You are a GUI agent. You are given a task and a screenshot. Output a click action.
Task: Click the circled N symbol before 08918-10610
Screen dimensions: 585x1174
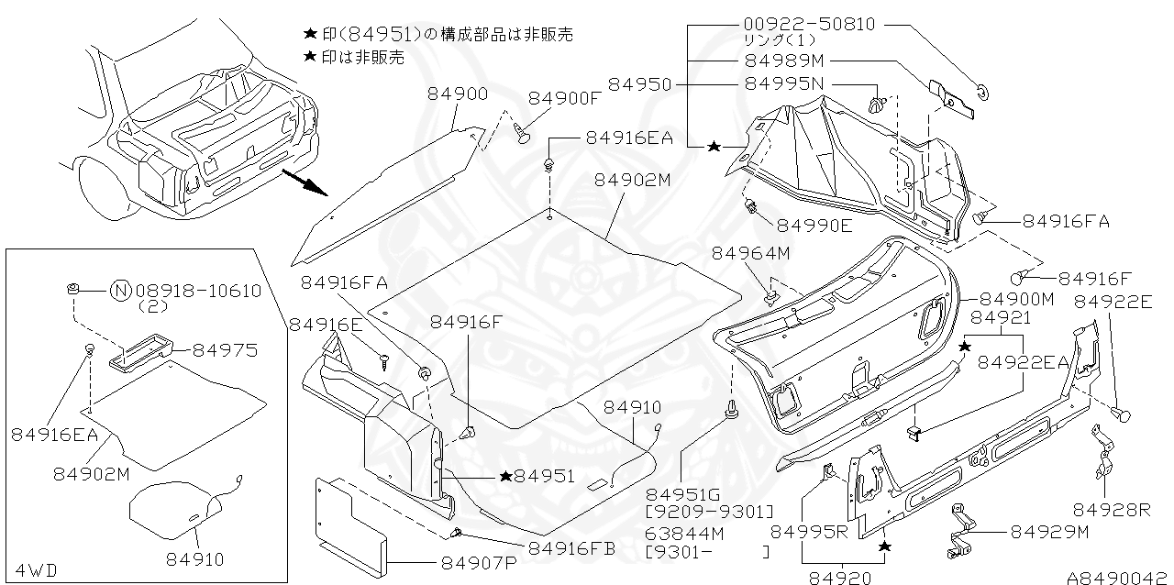pyautogui.click(x=120, y=292)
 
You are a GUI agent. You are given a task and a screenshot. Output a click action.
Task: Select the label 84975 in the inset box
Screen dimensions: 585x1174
pyautogui.click(x=225, y=350)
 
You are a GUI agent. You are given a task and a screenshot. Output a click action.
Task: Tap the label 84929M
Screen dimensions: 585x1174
pyautogui.click(x=1049, y=531)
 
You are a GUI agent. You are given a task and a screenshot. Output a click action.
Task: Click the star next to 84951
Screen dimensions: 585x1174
pyautogui.click(x=505, y=476)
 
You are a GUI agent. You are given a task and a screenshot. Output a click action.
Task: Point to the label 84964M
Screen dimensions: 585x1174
pyautogui.click(x=749, y=251)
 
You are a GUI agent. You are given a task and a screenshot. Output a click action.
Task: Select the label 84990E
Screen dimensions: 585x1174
pyautogui.click(x=814, y=225)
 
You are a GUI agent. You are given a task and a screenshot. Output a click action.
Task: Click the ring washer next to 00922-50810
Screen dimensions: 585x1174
pyautogui.click(x=982, y=90)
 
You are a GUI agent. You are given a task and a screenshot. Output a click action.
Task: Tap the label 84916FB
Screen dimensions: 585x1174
pyautogui.click(x=570, y=548)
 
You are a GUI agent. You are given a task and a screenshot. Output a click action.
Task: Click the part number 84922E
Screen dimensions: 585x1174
pyautogui.click(x=1113, y=302)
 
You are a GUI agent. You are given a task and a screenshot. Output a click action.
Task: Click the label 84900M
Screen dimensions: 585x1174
pyautogui.click(x=1018, y=299)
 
